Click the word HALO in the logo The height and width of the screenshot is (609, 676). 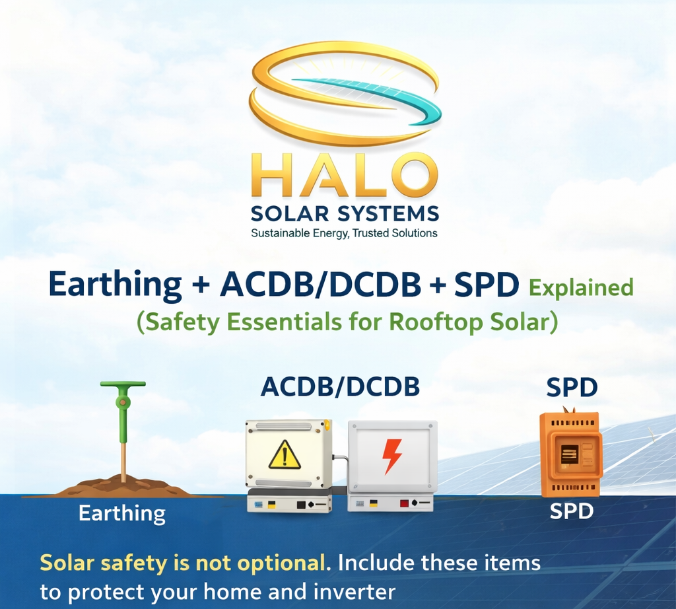pyautogui.click(x=344, y=176)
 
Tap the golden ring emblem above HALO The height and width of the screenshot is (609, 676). pyautogui.click(x=344, y=92)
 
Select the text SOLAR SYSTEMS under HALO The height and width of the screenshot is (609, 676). pyautogui.click(x=344, y=214)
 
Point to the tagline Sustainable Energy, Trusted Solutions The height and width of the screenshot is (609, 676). pyautogui.click(x=344, y=233)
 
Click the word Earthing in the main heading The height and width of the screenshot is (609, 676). pyautogui.click(x=116, y=285)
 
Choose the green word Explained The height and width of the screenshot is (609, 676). pyautogui.click(x=582, y=288)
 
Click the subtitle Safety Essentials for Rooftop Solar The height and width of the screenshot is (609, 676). pyautogui.click(x=347, y=322)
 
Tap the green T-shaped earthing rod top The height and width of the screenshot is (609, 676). pyautogui.click(x=123, y=385)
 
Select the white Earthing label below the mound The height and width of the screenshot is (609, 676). pyautogui.click(x=122, y=513)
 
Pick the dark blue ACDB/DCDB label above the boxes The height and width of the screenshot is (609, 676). pyautogui.click(x=340, y=388)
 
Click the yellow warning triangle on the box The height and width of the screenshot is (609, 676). pyautogui.click(x=285, y=455)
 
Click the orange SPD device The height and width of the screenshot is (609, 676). pyautogui.click(x=570, y=454)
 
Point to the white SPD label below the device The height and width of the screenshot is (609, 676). pyautogui.click(x=572, y=511)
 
